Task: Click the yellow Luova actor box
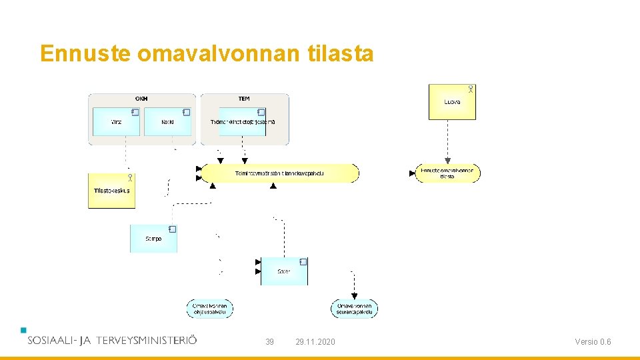pos(452,102)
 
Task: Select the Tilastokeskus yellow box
pos(111,191)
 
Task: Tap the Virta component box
pos(116,122)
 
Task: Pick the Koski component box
pos(167,122)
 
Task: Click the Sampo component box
pos(153,239)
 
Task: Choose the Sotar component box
pos(284,271)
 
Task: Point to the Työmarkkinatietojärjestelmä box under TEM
pos(243,122)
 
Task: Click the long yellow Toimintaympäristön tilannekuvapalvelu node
pos(280,173)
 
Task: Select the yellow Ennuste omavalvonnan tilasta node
pos(447,173)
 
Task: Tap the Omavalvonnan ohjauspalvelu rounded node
pos(210,309)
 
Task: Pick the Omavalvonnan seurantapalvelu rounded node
pos(354,309)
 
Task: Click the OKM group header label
pos(141,99)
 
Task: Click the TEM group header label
pos(244,99)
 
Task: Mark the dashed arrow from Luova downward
pos(448,140)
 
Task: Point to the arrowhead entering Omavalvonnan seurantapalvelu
pos(354,296)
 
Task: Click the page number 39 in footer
pos(269,342)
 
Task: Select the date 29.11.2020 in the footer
pos(315,342)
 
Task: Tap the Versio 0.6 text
pos(593,342)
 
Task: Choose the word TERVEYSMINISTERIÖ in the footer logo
pos(147,340)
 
